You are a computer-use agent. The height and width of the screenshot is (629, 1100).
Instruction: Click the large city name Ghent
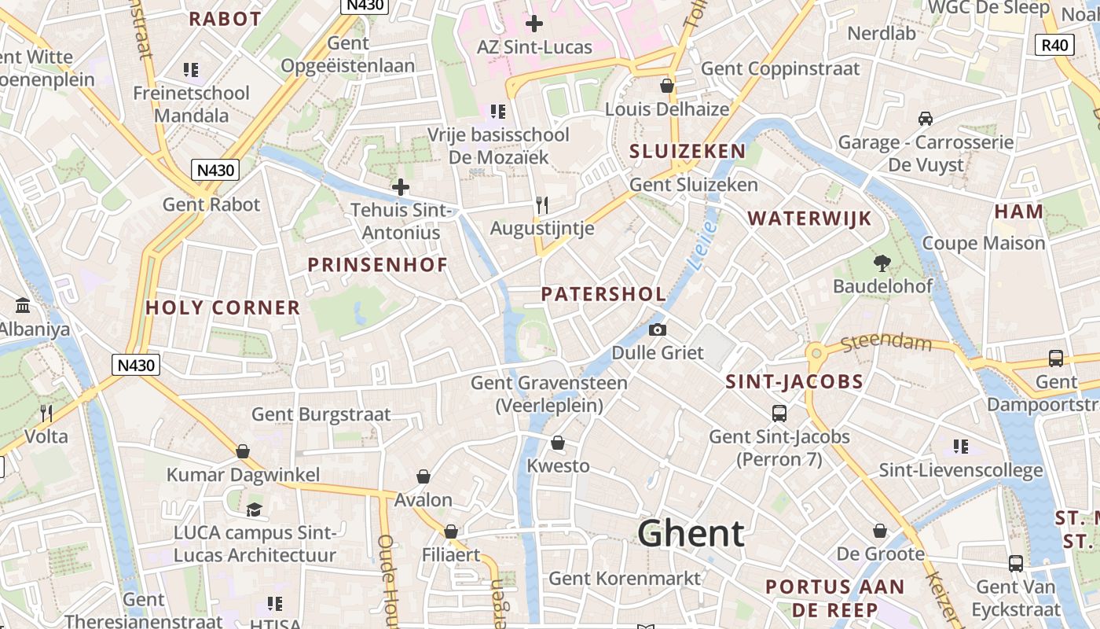coord(691,534)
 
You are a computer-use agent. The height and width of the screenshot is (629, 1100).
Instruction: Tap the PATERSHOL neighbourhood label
coord(603,295)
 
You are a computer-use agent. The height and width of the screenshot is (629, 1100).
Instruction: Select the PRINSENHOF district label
coord(377,265)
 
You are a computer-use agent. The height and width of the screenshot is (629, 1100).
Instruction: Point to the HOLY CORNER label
coord(223,308)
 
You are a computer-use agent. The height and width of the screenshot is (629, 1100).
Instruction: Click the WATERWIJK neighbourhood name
coord(809,219)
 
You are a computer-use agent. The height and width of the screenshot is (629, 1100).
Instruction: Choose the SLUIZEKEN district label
coord(687,152)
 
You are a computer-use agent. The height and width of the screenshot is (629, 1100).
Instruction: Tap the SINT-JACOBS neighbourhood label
coord(794,383)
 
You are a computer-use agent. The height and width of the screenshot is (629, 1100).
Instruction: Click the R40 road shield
coord(1054,45)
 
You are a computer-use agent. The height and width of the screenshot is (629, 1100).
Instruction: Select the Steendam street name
coord(886,344)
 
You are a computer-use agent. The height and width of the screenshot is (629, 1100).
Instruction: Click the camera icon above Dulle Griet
coord(658,329)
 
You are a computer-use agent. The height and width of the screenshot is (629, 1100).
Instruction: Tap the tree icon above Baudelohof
coord(882,263)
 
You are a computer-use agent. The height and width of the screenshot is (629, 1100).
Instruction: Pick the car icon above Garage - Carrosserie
coord(926,119)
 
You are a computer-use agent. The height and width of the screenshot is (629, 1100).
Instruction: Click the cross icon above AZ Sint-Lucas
coord(534,24)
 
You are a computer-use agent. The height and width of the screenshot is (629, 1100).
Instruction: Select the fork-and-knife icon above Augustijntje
coord(541,205)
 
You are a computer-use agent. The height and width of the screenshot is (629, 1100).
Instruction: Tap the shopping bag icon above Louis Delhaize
coord(667,86)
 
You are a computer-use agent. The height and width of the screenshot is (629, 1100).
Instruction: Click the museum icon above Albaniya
coord(23,305)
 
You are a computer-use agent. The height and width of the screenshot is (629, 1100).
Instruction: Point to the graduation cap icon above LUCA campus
coord(254,509)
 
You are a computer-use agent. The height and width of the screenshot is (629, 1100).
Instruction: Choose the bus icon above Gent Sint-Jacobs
coord(779,413)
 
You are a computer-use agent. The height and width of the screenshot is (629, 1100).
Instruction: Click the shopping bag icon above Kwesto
coord(558,443)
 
